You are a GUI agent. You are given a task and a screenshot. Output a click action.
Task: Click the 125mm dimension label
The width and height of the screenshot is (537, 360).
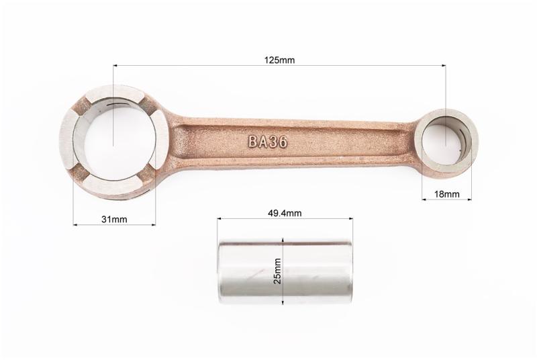pos(279,60)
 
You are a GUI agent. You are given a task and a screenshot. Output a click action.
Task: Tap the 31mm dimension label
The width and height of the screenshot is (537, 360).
pos(114,219)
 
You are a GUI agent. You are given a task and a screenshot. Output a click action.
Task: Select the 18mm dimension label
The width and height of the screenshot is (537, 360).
pos(447,194)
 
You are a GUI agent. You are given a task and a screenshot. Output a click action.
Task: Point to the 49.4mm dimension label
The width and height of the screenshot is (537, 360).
pos(285,213)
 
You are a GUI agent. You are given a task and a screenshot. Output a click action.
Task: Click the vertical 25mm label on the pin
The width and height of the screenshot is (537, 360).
pos(278,271)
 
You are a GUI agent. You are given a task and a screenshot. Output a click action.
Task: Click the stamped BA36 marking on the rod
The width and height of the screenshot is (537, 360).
pos(267,142)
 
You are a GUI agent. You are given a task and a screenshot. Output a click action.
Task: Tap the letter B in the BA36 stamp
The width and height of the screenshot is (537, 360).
pos(253,142)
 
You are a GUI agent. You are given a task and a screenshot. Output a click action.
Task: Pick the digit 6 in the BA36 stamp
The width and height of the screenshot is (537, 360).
pos(283,142)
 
